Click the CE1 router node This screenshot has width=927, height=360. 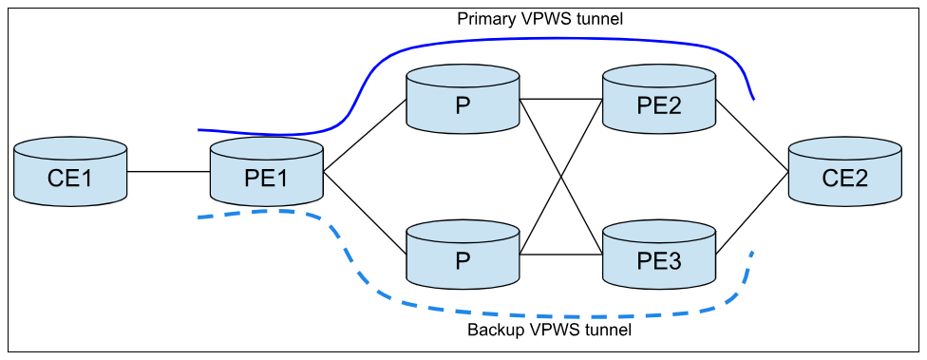click(71, 172)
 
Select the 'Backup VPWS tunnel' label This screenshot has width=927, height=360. click(549, 331)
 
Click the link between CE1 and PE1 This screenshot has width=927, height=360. click(169, 172)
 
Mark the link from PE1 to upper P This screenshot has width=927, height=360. click(365, 135)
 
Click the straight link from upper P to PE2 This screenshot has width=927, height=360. click(560, 99)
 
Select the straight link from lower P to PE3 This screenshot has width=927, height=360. click(560, 255)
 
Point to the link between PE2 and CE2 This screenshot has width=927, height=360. click(751, 135)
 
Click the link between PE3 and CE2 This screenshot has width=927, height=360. click(751, 213)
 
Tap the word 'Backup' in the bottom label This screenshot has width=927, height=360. click(497, 331)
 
